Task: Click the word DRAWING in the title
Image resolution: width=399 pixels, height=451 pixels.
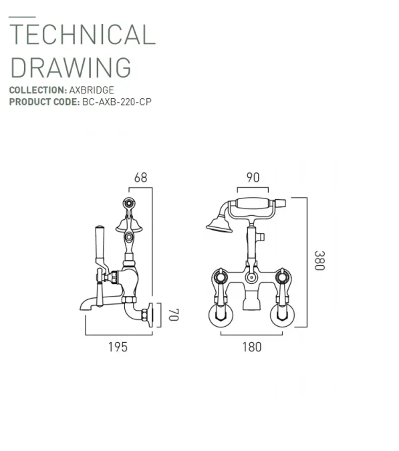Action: tap(71, 67)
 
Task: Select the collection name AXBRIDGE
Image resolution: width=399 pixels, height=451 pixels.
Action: tap(92, 90)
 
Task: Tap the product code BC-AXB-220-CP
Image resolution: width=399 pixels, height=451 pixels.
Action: tap(118, 102)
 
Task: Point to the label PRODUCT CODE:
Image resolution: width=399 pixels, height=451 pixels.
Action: tap(43, 102)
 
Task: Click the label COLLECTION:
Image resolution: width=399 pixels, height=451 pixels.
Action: tap(37, 90)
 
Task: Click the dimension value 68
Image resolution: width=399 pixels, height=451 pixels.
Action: tap(140, 178)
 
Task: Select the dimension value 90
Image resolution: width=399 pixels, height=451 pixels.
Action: tap(253, 178)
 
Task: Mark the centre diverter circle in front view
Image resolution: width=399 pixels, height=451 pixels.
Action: tap(251, 277)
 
